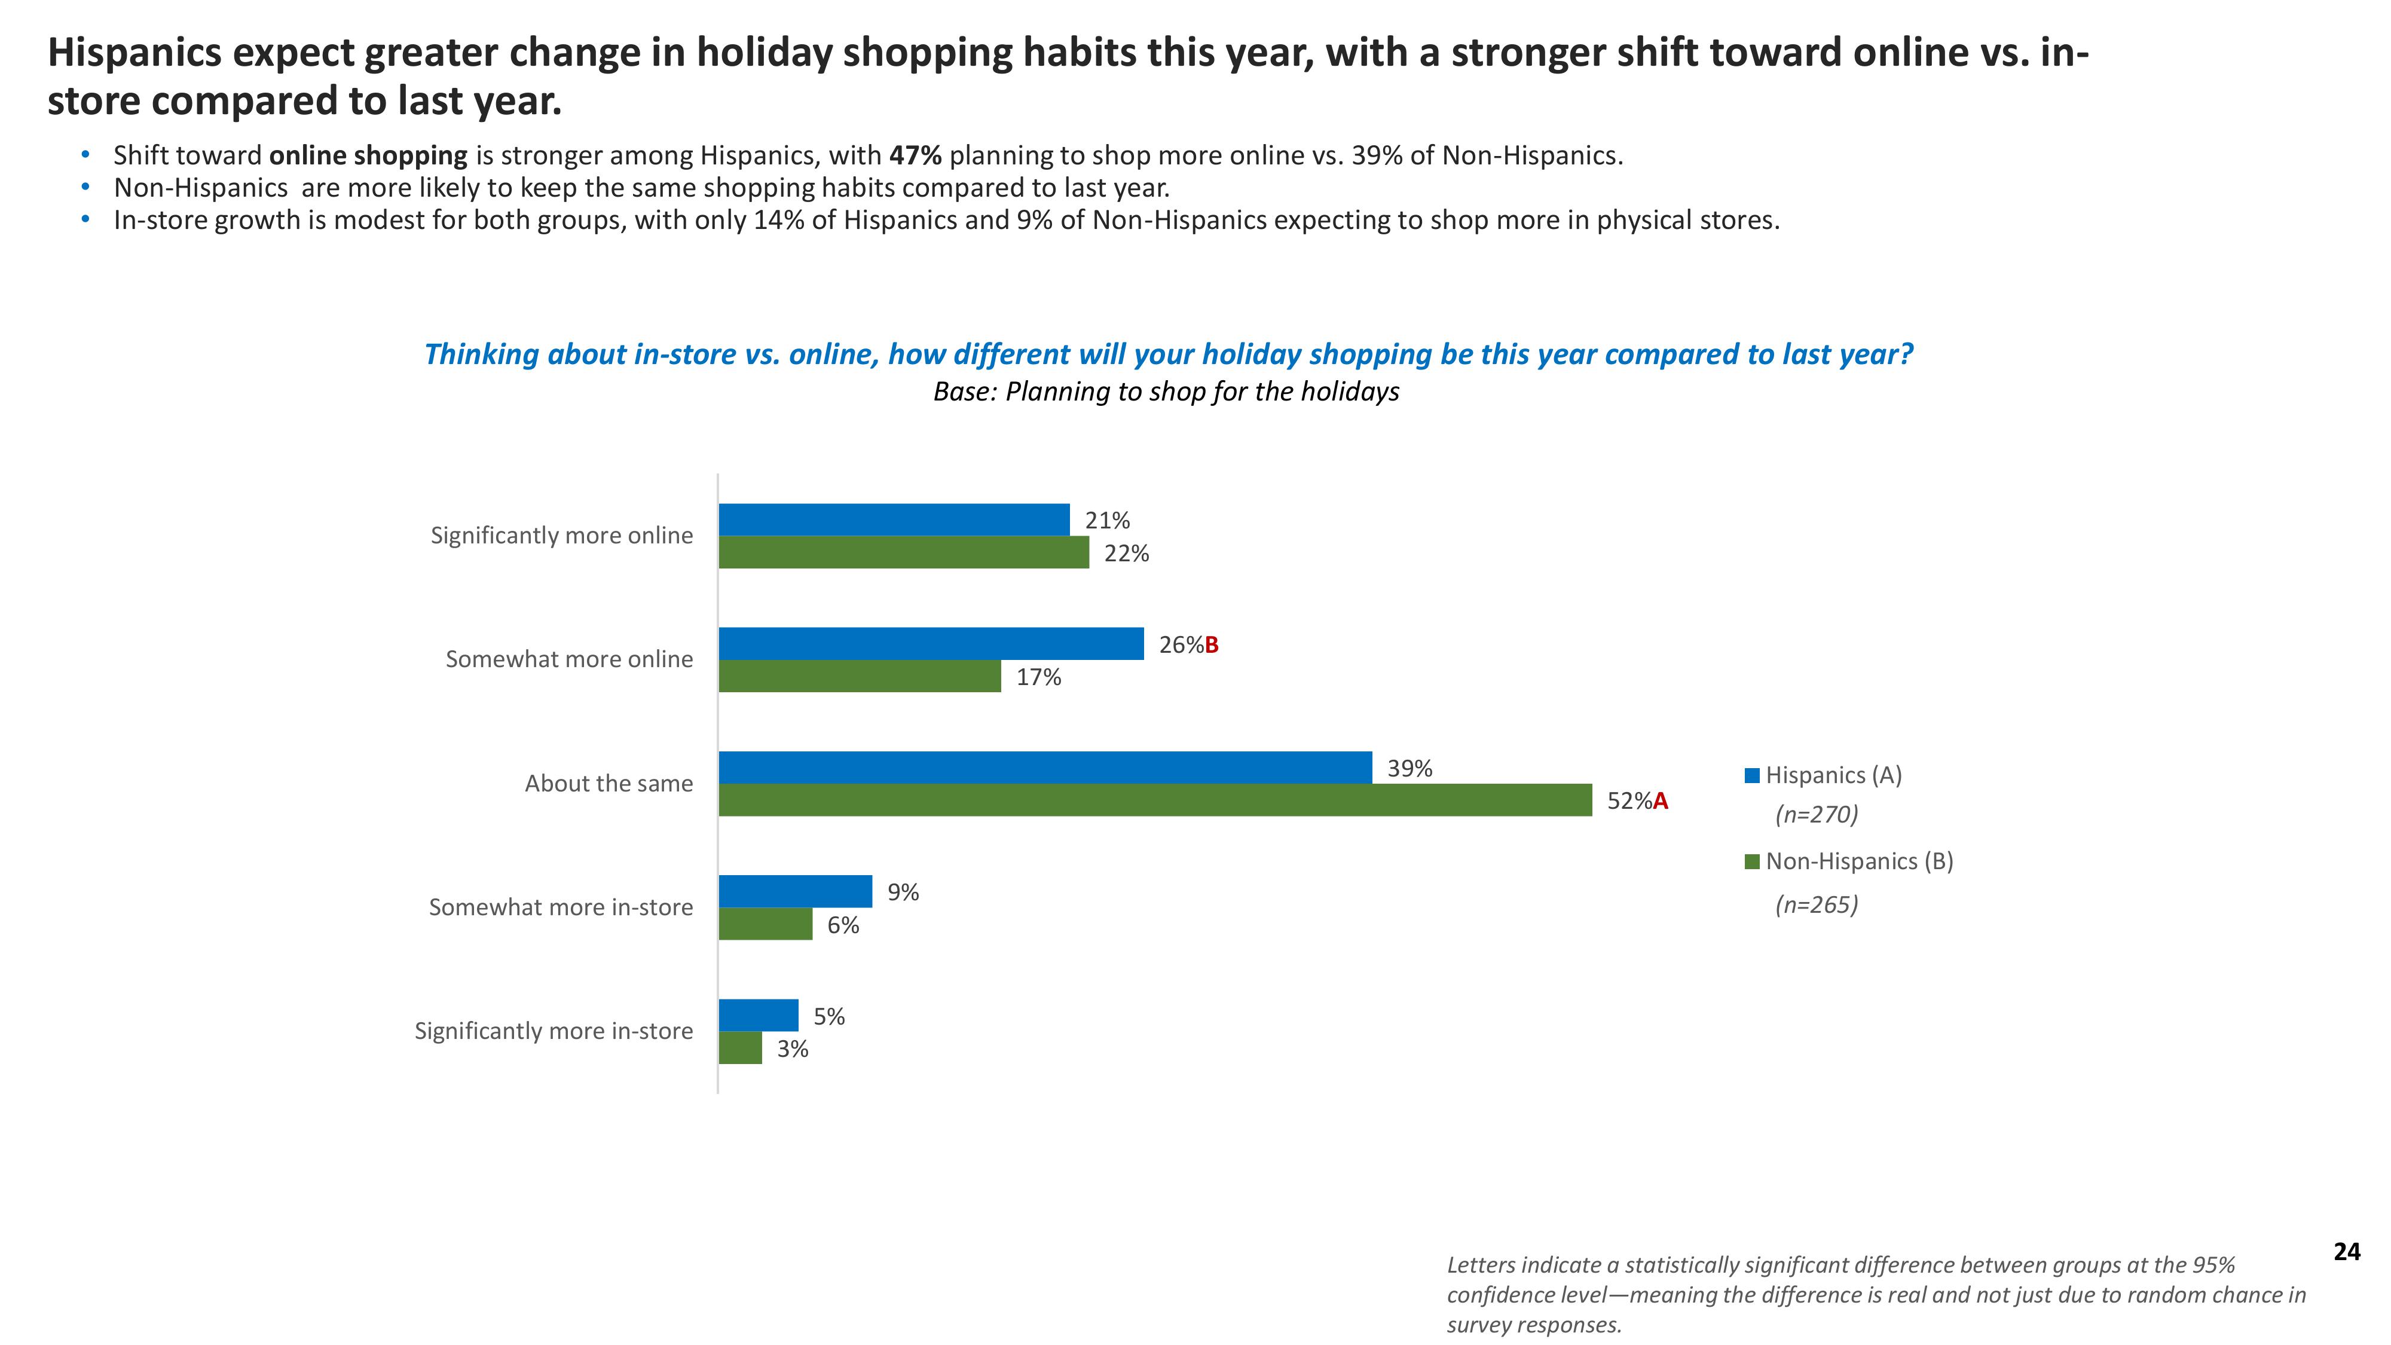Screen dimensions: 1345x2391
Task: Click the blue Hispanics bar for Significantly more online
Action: tap(893, 520)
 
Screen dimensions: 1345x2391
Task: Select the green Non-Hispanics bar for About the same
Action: tap(1155, 800)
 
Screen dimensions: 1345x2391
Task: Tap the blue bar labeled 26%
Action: tap(930, 644)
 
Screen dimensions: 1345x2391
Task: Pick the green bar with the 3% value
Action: tap(740, 1048)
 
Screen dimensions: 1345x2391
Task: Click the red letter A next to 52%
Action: tap(1661, 801)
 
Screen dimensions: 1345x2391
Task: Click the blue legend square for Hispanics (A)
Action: tap(1753, 776)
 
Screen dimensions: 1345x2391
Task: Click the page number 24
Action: tap(2346, 1252)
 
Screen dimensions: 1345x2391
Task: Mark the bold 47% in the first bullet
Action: tap(915, 155)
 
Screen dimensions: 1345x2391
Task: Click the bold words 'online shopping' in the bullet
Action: tap(368, 155)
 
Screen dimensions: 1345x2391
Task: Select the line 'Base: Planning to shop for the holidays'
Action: tap(1166, 392)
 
